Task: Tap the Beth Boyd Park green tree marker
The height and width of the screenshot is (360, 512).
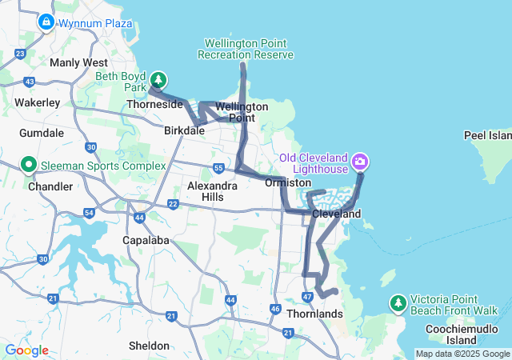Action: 159,79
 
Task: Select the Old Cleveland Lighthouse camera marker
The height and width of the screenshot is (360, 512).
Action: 361,162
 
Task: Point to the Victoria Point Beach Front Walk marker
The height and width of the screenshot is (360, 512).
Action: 398,302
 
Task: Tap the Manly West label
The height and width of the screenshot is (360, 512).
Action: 78,62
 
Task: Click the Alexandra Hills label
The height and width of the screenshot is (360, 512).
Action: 212,191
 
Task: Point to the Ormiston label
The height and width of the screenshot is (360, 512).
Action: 287,183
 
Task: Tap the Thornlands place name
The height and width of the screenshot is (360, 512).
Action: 314,314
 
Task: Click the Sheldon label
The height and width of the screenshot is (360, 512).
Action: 149,346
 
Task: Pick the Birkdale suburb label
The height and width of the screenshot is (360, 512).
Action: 185,130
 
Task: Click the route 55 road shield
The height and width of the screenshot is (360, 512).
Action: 219,168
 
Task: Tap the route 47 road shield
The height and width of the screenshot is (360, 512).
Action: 308,298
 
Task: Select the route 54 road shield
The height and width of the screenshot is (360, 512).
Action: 89,212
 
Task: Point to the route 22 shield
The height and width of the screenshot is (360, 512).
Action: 173,204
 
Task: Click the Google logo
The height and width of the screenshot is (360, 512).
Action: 26,350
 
